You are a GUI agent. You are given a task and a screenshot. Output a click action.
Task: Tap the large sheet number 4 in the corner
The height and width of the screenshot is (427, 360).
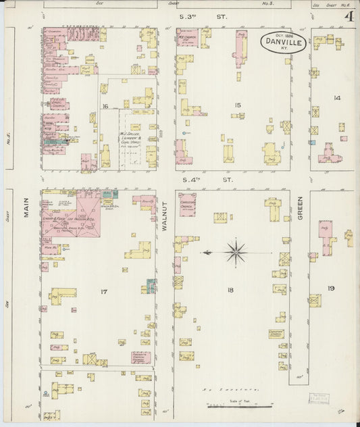349,16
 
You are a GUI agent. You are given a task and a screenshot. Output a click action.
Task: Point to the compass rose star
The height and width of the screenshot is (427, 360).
236,253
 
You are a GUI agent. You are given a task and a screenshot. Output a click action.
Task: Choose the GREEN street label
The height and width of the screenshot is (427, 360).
300,208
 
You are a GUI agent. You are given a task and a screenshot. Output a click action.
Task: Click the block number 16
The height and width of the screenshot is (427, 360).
105,107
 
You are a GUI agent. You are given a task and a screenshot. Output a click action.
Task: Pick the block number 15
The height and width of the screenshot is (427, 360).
236,105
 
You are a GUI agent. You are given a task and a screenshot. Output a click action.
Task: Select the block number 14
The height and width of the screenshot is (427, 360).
336,98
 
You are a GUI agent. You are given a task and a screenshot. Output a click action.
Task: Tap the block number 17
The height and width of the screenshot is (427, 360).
103,291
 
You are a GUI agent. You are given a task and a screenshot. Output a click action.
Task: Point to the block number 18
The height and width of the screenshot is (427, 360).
230,290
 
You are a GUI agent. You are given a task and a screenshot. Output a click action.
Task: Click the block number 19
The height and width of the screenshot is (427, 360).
331,288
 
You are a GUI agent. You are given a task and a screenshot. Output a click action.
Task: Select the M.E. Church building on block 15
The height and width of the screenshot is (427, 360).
186,36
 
